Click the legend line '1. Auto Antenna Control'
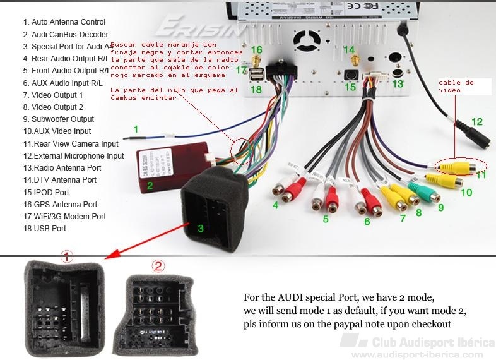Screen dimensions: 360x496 (x=64, y=22)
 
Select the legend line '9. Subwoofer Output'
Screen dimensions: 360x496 (x=58, y=119)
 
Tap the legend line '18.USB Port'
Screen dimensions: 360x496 (x=44, y=228)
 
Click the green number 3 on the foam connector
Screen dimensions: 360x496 (x=200, y=228)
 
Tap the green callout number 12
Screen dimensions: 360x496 (x=476, y=121)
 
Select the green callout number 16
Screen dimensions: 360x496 (x=256, y=49)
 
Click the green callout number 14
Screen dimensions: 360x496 (x=349, y=49)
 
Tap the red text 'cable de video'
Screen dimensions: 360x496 (x=456, y=87)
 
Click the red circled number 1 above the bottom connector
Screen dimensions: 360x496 (x=67, y=257)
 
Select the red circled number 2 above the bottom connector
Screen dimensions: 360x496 (x=158, y=265)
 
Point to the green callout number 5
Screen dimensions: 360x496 (x=326, y=219)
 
